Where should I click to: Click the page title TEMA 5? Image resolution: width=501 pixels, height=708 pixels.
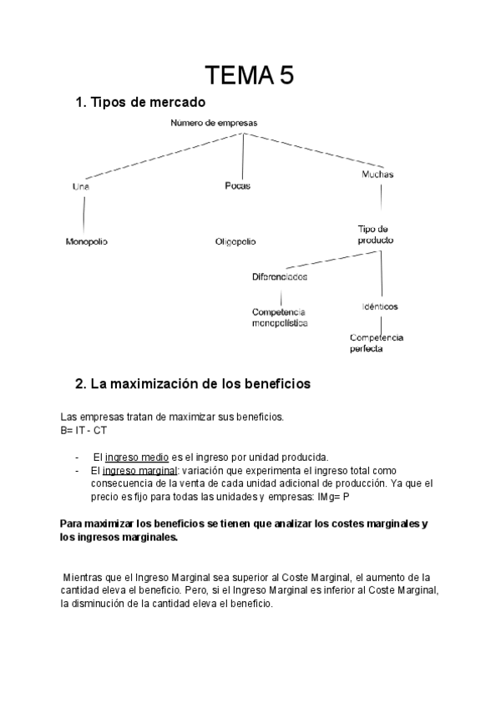click(250, 77)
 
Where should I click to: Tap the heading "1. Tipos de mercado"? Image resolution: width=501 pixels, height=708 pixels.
click(139, 103)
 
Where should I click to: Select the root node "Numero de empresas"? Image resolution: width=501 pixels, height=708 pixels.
click(214, 123)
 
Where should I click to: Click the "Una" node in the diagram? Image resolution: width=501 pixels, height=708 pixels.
click(81, 187)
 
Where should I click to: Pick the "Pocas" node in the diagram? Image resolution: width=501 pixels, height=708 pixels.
click(237, 186)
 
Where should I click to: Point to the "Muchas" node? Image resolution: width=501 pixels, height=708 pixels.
click(377, 175)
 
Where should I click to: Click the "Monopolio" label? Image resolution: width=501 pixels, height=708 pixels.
click(87, 241)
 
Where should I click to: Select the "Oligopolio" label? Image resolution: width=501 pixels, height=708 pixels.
click(235, 242)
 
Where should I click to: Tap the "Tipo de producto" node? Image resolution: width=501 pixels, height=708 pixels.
click(375, 234)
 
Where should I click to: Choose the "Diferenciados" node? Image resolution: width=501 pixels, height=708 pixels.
click(279, 276)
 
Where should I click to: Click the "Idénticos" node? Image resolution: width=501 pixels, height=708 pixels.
click(380, 306)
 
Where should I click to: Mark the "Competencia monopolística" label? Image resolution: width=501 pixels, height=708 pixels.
click(279, 316)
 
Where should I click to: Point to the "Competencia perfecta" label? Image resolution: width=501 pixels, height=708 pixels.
click(377, 343)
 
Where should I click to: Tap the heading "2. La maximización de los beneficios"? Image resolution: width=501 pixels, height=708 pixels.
click(193, 384)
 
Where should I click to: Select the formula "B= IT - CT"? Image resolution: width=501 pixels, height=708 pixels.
click(83, 430)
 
